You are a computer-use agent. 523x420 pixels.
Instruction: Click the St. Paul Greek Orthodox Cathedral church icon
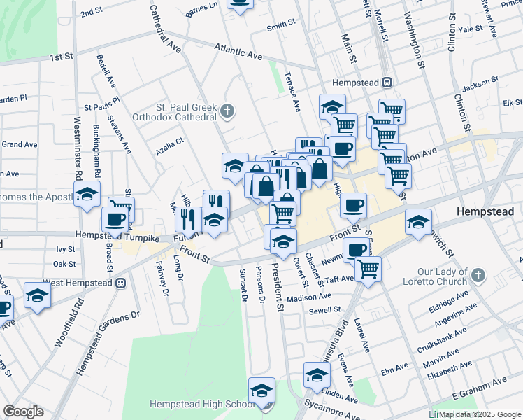[x=227, y=111]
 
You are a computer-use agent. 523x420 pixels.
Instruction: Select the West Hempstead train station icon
[x=120, y=283]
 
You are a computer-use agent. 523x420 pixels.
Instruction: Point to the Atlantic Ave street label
[x=238, y=51]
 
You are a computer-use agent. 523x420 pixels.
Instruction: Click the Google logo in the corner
[x=22, y=412]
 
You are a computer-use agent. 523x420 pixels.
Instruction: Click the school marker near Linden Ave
[x=317, y=377]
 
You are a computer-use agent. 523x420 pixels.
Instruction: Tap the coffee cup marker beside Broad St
[x=115, y=219]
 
